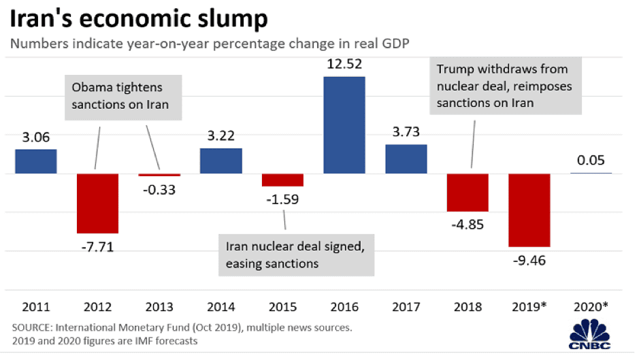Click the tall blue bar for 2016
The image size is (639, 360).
pyautogui.click(x=344, y=125)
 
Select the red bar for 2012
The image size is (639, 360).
pyautogui.click(x=97, y=203)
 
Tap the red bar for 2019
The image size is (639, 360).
pyautogui.click(x=529, y=210)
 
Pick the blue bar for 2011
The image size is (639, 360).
pyautogui.click(x=35, y=161)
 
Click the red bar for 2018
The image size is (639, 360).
pyautogui.click(x=468, y=192)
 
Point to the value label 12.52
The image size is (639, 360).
pyautogui.click(x=344, y=65)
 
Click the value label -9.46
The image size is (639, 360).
pyautogui.click(x=529, y=260)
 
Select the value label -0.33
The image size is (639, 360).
pyautogui.click(x=159, y=190)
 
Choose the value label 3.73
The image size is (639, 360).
pyautogui.click(x=406, y=133)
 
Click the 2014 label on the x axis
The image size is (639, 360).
pyautogui.click(x=220, y=306)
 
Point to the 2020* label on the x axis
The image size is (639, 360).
pyautogui.click(x=591, y=306)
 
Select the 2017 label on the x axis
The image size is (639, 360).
pyautogui.click(x=406, y=306)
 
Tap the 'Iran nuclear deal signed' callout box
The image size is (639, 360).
pyautogui.click(x=296, y=255)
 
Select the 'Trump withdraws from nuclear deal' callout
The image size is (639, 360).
pyautogui.click(x=504, y=86)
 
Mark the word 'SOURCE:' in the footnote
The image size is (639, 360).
pyautogui.click(x=31, y=327)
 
